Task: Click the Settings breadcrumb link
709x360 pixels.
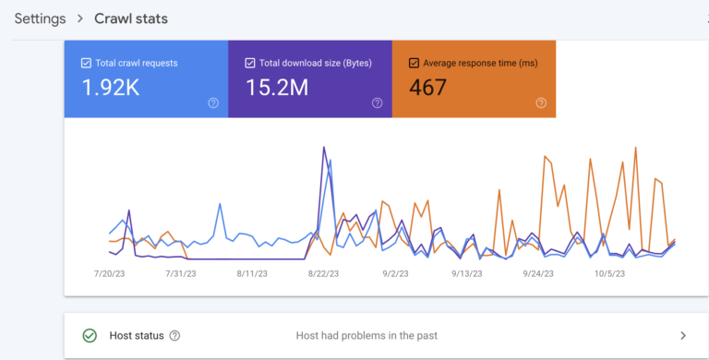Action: [x=40, y=18]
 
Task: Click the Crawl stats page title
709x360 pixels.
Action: [x=131, y=18]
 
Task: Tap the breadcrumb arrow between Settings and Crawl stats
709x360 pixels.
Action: [x=80, y=18]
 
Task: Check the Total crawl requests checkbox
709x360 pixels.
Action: [x=86, y=63]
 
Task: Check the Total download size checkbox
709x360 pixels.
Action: [x=250, y=63]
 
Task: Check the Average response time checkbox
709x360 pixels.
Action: [x=414, y=63]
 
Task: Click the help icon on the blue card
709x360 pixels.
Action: [x=213, y=102]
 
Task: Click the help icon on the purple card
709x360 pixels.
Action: [x=377, y=102]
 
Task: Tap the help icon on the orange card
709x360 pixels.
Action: [x=541, y=102]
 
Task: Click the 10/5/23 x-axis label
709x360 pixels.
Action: [x=609, y=274]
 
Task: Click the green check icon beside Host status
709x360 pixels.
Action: [x=90, y=336]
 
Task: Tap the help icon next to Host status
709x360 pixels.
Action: [x=174, y=336]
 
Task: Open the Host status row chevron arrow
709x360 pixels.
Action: [x=683, y=336]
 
